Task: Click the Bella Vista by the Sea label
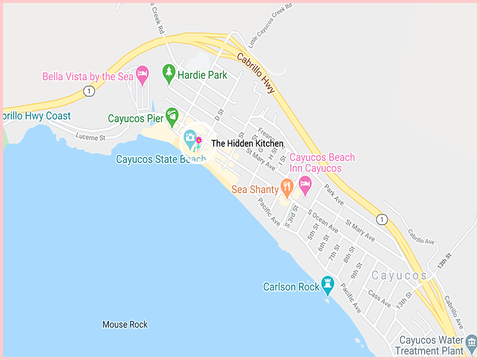point(88,76)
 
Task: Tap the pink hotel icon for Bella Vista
point(142,75)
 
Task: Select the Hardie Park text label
point(202,75)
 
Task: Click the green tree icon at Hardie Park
point(169,73)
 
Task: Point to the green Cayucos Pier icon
point(172,114)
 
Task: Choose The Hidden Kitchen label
point(247,143)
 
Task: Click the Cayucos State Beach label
point(157,159)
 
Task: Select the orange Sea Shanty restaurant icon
point(287,188)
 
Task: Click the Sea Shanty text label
point(255,190)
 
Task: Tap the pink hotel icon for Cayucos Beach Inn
point(305,185)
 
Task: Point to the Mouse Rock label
point(125,325)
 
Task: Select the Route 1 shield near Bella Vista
point(89,91)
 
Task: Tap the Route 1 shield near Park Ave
point(382,220)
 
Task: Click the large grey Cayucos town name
point(399,276)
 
